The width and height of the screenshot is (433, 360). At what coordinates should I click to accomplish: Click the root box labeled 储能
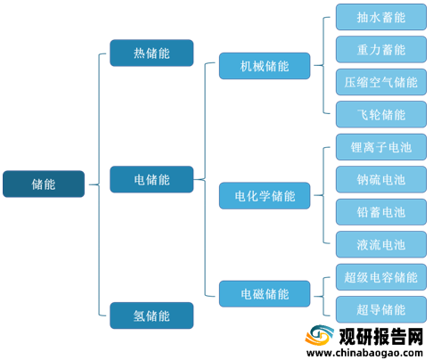click(44, 184)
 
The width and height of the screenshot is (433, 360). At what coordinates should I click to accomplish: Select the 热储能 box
click(151, 53)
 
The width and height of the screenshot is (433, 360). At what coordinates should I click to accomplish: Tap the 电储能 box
click(151, 179)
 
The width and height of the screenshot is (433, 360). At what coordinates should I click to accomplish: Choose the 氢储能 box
click(151, 315)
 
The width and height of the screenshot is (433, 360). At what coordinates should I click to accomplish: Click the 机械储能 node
click(265, 66)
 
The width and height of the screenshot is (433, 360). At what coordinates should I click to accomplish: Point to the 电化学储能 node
click(265, 196)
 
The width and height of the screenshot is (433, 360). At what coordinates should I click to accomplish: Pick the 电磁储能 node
click(265, 294)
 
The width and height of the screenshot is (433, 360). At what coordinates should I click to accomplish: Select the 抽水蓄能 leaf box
click(381, 17)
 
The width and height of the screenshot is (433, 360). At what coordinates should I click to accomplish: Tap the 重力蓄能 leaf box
click(381, 49)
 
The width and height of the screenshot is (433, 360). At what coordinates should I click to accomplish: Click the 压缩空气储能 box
click(381, 82)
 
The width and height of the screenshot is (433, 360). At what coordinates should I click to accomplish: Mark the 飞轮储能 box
click(381, 114)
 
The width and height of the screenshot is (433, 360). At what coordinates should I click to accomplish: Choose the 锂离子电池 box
click(381, 147)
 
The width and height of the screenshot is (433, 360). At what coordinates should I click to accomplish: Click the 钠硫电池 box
click(381, 179)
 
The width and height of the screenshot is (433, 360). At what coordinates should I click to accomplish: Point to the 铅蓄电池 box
click(381, 212)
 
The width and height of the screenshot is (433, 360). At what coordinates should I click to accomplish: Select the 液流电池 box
click(381, 244)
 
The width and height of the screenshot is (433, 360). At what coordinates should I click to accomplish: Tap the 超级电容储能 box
click(381, 277)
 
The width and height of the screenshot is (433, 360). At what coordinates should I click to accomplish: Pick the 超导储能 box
click(381, 309)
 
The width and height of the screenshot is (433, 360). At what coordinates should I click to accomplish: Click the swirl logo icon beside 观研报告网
click(319, 336)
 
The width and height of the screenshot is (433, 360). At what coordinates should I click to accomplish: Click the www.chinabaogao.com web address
click(364, 353)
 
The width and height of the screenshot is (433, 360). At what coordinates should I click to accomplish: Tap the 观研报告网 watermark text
click(381, 337)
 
